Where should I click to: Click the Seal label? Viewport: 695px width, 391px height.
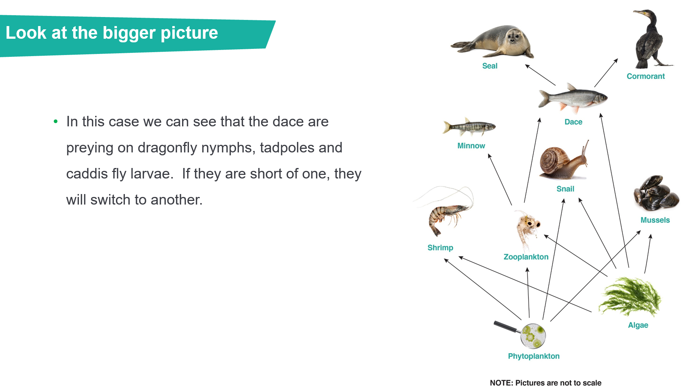coord(490,66)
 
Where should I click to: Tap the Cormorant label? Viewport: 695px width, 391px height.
coord(646,76)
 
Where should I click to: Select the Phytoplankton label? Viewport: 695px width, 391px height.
coord(534,356)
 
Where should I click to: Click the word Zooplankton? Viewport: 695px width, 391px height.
coord(526,257)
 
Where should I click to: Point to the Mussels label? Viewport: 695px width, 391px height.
coord(655,220)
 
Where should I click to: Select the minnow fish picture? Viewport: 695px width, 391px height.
coord(469,127)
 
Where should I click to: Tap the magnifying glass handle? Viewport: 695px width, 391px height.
coord(507,327)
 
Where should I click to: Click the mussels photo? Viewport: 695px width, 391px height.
coord(656,193)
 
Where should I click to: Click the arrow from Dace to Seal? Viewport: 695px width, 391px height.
coord(540,75)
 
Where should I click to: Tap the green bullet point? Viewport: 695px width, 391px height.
coord(55,122)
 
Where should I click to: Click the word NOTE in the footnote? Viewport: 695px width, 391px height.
coord(501,383)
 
